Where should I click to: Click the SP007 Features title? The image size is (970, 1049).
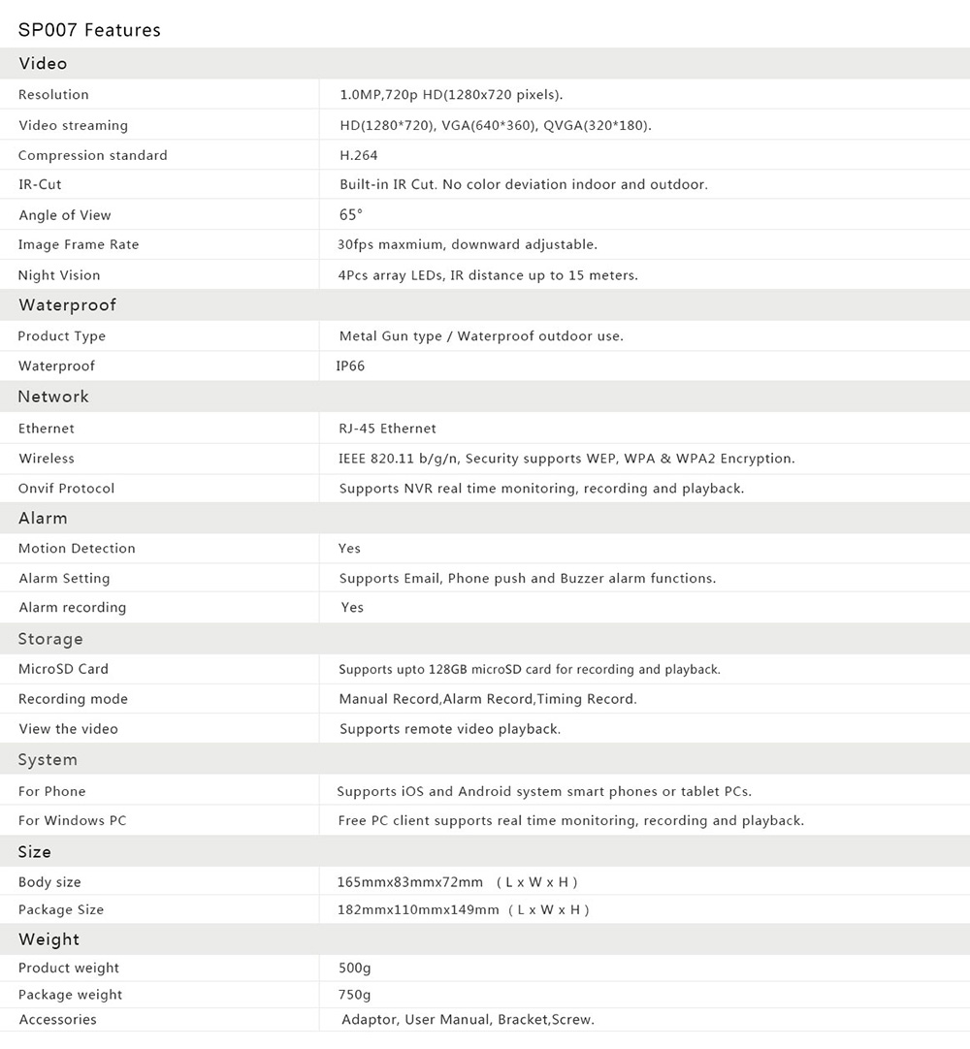pos(89,30)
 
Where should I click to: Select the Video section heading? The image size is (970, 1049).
pos(43,64)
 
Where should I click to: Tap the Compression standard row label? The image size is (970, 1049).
pos(92,155)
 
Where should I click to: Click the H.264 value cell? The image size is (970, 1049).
pos(358,155)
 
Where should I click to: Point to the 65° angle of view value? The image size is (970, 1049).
pos(350,215)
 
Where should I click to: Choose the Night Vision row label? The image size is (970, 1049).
pos(59,275)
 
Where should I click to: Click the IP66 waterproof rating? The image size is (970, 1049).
pos(350,366)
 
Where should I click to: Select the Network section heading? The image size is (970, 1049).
pos(53,397)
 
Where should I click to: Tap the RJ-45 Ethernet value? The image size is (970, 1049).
pos(387,429)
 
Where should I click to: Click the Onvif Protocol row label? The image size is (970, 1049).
pos(66,489)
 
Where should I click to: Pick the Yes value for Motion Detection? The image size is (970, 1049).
pos(349,549)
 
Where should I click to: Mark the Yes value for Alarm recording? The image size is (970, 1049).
pos(352,608)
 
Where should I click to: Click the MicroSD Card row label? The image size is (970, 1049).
pos(63,669)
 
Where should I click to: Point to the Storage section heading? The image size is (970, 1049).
pos(50,639)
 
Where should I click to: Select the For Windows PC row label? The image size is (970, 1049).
pos(72,821)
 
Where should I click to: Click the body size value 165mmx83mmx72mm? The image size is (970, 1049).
pos(410,882)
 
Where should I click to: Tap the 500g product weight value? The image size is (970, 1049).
pos(354,969)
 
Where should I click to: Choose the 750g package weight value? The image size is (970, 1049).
pos(354,995)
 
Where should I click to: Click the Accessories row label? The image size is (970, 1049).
pos(57,1020)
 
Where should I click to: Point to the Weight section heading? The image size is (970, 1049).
pos(48,939)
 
